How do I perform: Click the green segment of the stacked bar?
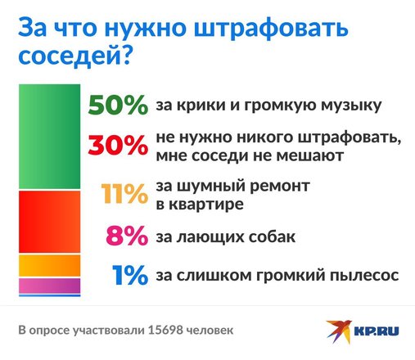[49, 137]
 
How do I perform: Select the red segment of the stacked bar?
[49, 222]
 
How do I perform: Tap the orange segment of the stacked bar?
[49, 266]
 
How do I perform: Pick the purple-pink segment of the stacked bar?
[49, 286]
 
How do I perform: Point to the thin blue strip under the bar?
[49, 295]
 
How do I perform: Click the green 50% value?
[118, 105]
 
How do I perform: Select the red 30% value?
[118, 146]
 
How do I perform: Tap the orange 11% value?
[124, 194]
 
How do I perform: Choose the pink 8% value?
[127, 236]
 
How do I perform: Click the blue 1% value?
[130, 275]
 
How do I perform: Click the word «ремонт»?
[280, 187]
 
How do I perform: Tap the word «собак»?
[272, 236]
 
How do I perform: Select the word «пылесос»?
[364, 276]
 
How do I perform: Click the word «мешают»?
[310, 156]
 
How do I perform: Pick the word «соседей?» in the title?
[75, 56]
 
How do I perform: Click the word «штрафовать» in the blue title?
[271, 28]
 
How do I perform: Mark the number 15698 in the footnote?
[165, 331]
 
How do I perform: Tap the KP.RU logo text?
[377, 331]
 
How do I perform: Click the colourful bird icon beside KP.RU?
[339, 331]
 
